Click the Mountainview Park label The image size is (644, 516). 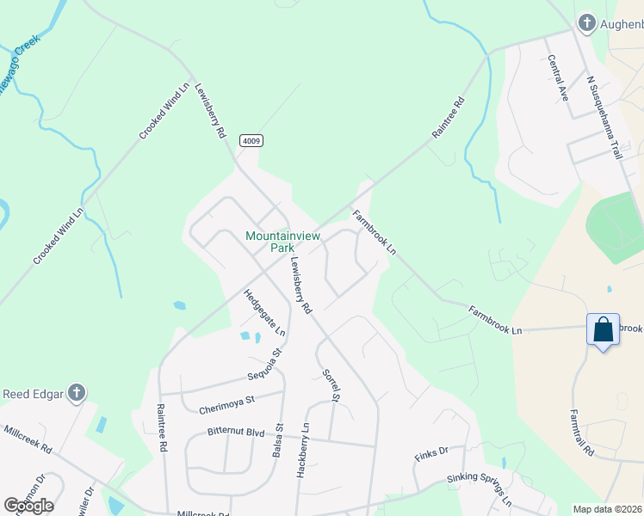point(269,241)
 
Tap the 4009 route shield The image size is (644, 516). point(251,140)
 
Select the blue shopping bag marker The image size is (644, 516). point(603,330)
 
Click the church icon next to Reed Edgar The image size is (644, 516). point(76,394)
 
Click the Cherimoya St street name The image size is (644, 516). point(226,400)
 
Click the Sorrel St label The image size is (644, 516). point(331,385)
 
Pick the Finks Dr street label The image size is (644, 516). point(431,451)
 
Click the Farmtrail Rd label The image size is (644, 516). point(581,432)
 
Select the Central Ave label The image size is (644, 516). point(558,78)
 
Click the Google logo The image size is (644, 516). point(28,506)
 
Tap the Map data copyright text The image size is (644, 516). point(608,509)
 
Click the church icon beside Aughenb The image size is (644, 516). point(586,23)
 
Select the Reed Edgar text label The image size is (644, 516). point(33,395)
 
